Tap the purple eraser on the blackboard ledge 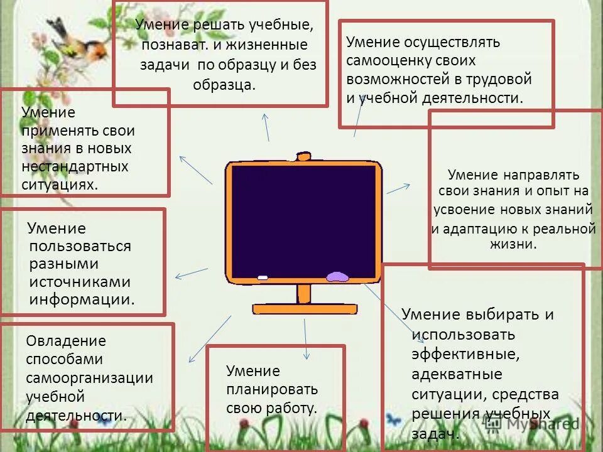click(x=337, y=276)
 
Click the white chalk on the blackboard click(x=263, y=277)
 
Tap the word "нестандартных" click(x=75, y=166)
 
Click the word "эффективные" click(x=465, y=355)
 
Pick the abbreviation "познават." click(x=169, y=45)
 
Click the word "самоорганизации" click(x=89, y=378)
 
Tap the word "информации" click(x=82, y=299)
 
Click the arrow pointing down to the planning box click(x=306, y=339)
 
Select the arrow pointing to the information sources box click(x=191, y=273)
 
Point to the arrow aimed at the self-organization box click(x=210, y=339)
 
